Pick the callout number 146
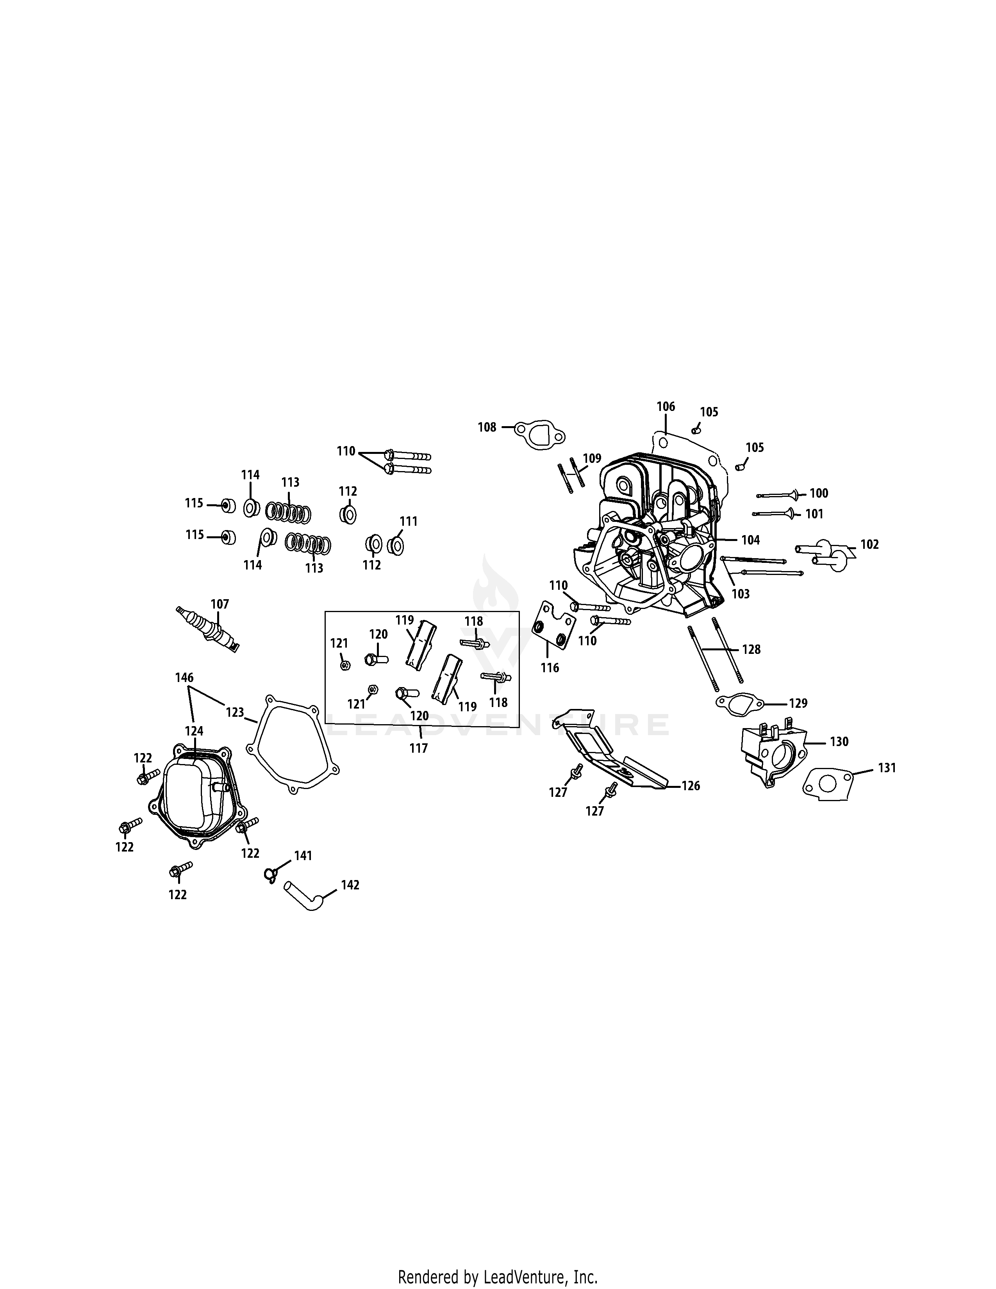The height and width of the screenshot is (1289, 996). [184, 678]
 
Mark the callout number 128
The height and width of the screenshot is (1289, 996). [751, 649]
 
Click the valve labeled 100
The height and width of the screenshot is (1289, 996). [780, 494]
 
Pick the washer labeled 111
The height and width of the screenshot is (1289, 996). [395, 545]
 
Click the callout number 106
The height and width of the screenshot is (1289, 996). [666, 406]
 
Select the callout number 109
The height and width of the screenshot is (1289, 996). [592, 458]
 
